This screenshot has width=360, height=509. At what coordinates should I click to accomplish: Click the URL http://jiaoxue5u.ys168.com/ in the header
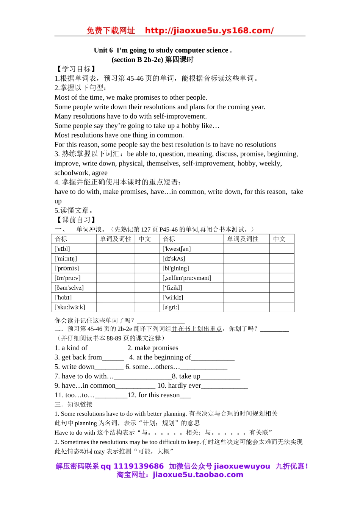[209, 31]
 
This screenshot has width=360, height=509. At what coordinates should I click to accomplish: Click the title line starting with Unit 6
[163, 50]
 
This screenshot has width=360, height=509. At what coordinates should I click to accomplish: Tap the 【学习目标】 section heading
[76, 69]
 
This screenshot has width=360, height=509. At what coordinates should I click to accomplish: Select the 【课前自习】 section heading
[76, 220]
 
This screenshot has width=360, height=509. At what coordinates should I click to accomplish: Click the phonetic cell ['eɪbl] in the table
[63, 249]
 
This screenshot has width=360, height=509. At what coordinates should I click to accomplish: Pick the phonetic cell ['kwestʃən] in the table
[177, 249]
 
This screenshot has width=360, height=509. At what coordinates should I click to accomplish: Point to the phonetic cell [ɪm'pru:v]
[68, 278]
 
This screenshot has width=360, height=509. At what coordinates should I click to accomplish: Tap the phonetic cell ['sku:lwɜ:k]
[70, 307]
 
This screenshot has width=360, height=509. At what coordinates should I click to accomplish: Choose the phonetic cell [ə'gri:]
[171, 307]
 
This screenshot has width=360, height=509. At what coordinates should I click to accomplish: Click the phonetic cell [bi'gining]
[176, 268]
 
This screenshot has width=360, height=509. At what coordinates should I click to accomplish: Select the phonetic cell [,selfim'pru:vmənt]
[187, 278]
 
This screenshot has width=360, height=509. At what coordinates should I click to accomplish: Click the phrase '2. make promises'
[153, 348]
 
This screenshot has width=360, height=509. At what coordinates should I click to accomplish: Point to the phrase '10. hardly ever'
[179, 386]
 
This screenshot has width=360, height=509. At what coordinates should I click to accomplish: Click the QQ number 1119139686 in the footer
[139, 466]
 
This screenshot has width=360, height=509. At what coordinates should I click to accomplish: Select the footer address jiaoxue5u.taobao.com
[198, 475]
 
